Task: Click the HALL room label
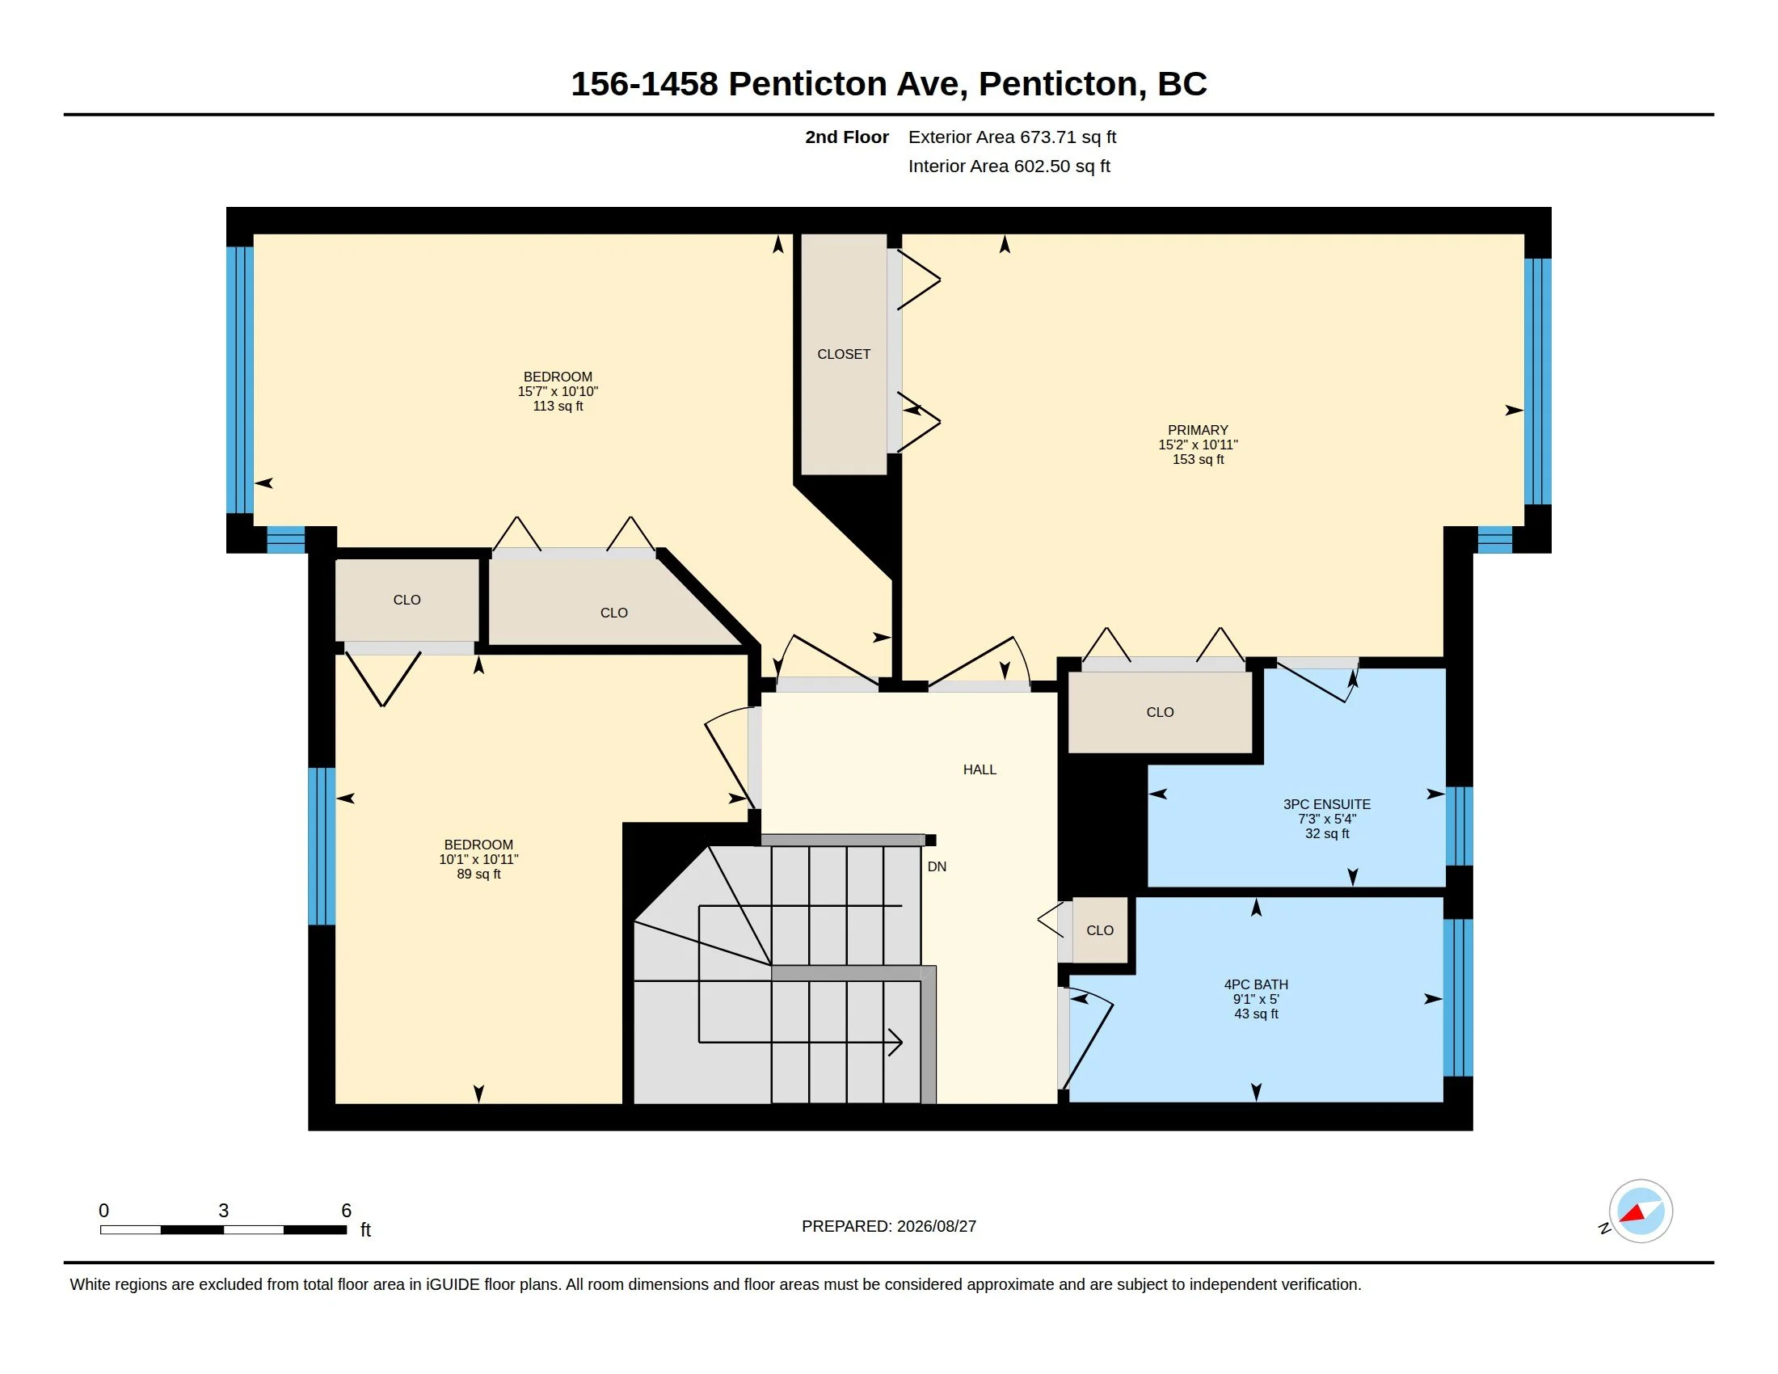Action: pyautogui.click(x=980, y=769)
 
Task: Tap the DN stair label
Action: pyautogui.click(x=937, y=867)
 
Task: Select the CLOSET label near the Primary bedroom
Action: pyautogui.click(x=844, y=354)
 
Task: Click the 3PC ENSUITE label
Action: pyautogui.click(x=1327, y=804)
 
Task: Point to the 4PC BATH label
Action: pyautogui.click(x=1256, y=984)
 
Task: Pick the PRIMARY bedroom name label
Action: pyautogui.click(x=1198, y=430)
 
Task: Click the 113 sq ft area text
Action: pyautogui.click(x=558, y=407)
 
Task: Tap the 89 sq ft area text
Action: pyautogui.click(x=478, y=875)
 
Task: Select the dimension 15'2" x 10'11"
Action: pyautogui.click(x=1198, y=445)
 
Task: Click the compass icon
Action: pyautogui.click(x=1641, y=1212)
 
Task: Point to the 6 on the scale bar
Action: pyautogui.click(x=346, y=1211)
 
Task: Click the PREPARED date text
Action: pyautogui.click(x=889, y=1226)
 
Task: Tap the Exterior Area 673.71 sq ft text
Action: pyautogui.click(x=1012, y=137)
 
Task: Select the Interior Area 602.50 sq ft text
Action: pyautogui.click(x=1009, y=166)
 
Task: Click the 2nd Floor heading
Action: pyautogui.click(x=847, y=137)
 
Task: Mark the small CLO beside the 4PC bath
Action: pyautogui.click(x=1100, y=930)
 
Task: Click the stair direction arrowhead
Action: pyautogui.click(x=895, y=1042)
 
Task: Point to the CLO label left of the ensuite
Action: pyautogui.click(x=1160, y=712)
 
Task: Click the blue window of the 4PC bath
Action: pyautogui.click(x=1458, y=998)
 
